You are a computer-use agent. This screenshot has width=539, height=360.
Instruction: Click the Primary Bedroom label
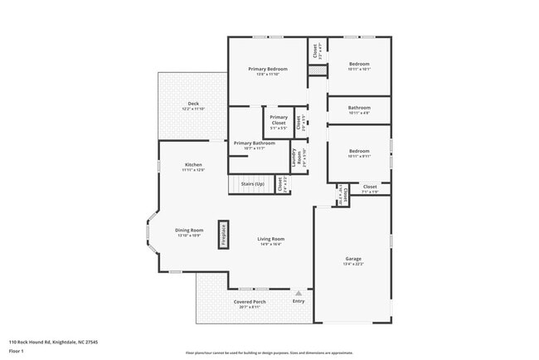[268, 69]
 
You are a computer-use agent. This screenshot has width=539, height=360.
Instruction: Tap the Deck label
[192, 104]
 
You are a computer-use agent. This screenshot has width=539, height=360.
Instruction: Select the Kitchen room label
[192, 165]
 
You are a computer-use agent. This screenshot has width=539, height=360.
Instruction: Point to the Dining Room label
[189, 230]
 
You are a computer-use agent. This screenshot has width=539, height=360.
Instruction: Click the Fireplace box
[223, 235]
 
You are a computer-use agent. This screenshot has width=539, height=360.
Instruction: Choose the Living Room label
[271, 239]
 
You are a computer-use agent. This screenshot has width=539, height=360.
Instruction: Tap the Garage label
[353, 259]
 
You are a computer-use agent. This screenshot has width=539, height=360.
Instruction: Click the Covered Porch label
[249, 301]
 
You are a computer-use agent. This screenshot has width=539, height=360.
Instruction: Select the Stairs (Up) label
[252, 183]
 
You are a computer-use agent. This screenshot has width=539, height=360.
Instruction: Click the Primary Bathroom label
[254, 144]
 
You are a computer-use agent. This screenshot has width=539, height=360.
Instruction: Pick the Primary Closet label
[279, 121]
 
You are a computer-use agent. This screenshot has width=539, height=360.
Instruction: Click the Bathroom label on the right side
[359, 108]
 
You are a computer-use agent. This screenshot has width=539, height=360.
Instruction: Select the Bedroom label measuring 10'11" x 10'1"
[359, 64]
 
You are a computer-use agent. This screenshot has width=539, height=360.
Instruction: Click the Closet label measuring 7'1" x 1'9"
[370, 187]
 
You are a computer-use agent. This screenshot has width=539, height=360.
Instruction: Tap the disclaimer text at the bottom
[269, 352]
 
